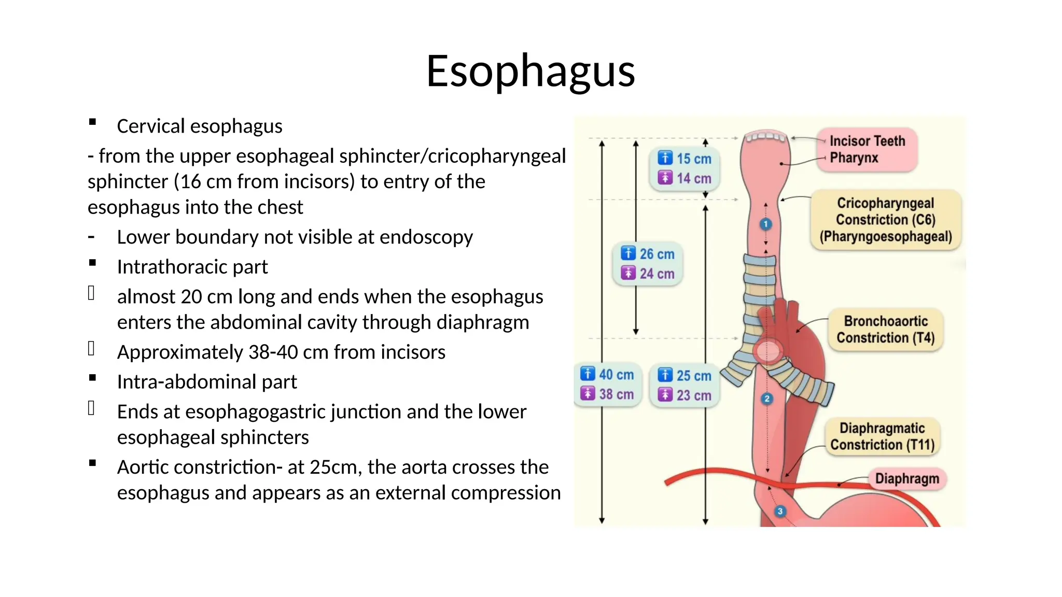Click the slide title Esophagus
pyautogui.click(x=530, y=71)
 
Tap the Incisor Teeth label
pyautogui.click(x=867, y=141)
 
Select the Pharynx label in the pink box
pyautogui.click(x=854, y=158)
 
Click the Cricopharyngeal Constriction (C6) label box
pyautogui.click(x=886, y=220)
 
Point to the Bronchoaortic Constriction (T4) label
pyautogui.click(x=886, y=330)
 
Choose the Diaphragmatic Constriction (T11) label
pyautogui.click(x=882, y=436)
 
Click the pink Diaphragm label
pyautogui.click(x=907, y=478)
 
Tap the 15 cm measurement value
pyautogui.click(x=694, y=159)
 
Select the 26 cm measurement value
pyautogui.click(x=656, y=254)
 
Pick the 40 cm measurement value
pyautogui.click(x=616, y=375)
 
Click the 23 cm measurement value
pyautogui.click(x=694, y=395)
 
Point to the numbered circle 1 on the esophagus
pyautogui.click(x=765, y=224)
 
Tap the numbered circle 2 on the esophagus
pyautogui.click(x=766, y=399)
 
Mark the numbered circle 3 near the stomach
pyautogui.click(x=779, y=511)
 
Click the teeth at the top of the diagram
pyautogui.click(x=765, y=137)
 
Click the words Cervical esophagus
pyautogui.click(x=200, y=126)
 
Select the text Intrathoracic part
pyautogui.click(x=192, y=267)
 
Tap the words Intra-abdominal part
pyautogui.click(x=207, y=382)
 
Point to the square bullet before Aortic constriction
pyautogui.click(x=92, y=463)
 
